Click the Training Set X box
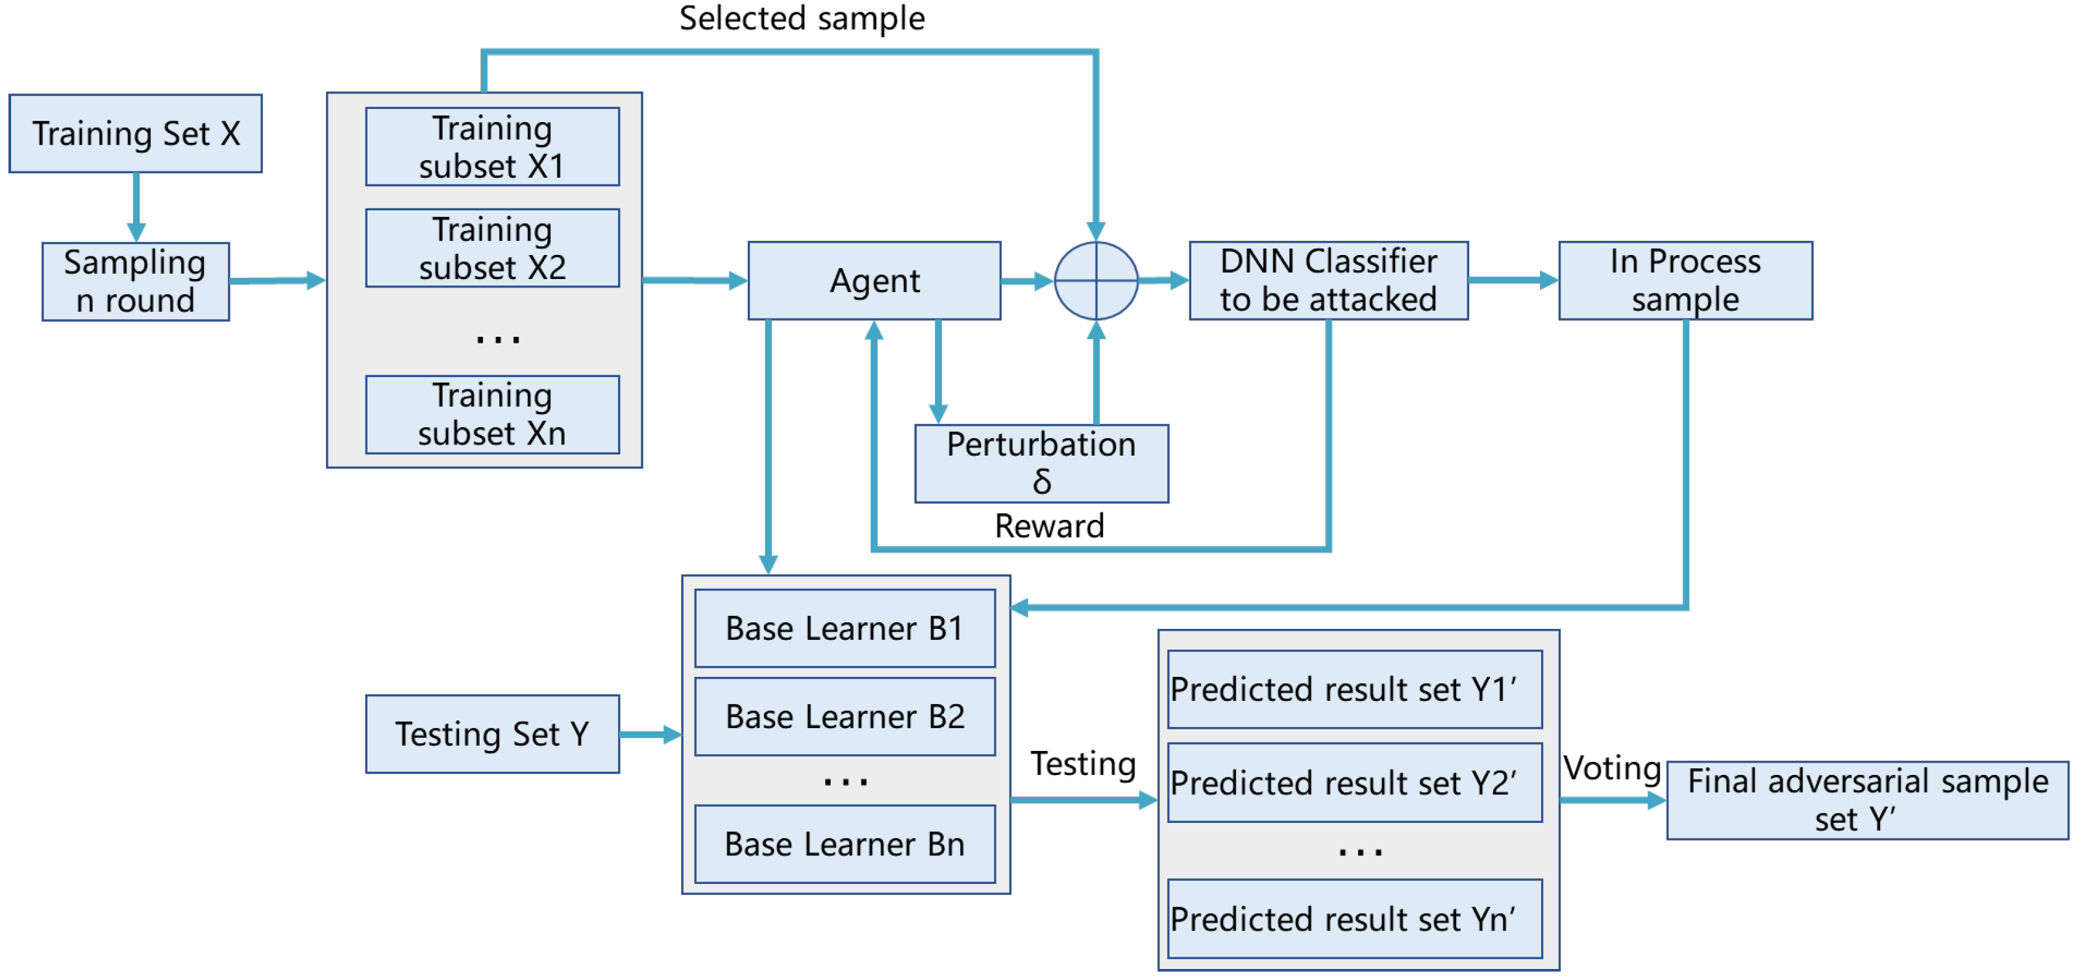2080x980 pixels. pyautogui.click(x=136, y=133)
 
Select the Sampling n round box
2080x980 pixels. pyautogui.click(x=136, y=281)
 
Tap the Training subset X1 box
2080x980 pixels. pyautogui.click(x=493, y=147)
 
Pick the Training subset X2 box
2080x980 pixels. pyautogui.click(x=493, y=248)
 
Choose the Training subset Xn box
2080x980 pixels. pyautogui.click(x=493, y=414)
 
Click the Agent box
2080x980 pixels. pyautogui.click(x=874, y=281)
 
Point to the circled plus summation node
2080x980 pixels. pyautogui.click(x=1096, y=281)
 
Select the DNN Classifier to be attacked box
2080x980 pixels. pyautogui.click(x=1329, y=281)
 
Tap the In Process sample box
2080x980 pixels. pyautogui.click(x=1686, y=281)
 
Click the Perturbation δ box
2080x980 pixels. pyautogui.click(x=1041, y=463)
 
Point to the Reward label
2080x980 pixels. pyautogui.click(x=1049, y=526)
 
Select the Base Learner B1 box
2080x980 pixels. pyautogui.click(x=845, y=628)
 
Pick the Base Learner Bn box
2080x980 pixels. pyautogui.click(x=845, y=844)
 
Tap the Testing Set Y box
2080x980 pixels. pyautogui.click(x=493, y=734)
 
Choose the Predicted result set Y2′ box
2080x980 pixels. pyautogui.click(x=1355, y=782)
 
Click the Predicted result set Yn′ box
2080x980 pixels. pyautogui.click(x=1355, y=918)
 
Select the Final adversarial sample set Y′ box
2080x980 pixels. pyautogui.click(x=1868, y=800)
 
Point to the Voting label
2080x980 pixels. pyautogui.click(x=1612, y=768)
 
